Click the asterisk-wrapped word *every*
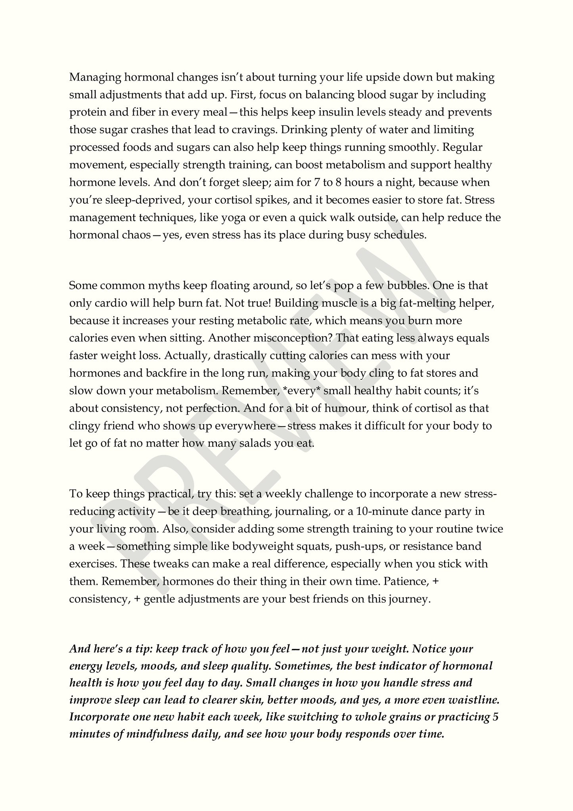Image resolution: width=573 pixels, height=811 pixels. [x=301, y=391]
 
